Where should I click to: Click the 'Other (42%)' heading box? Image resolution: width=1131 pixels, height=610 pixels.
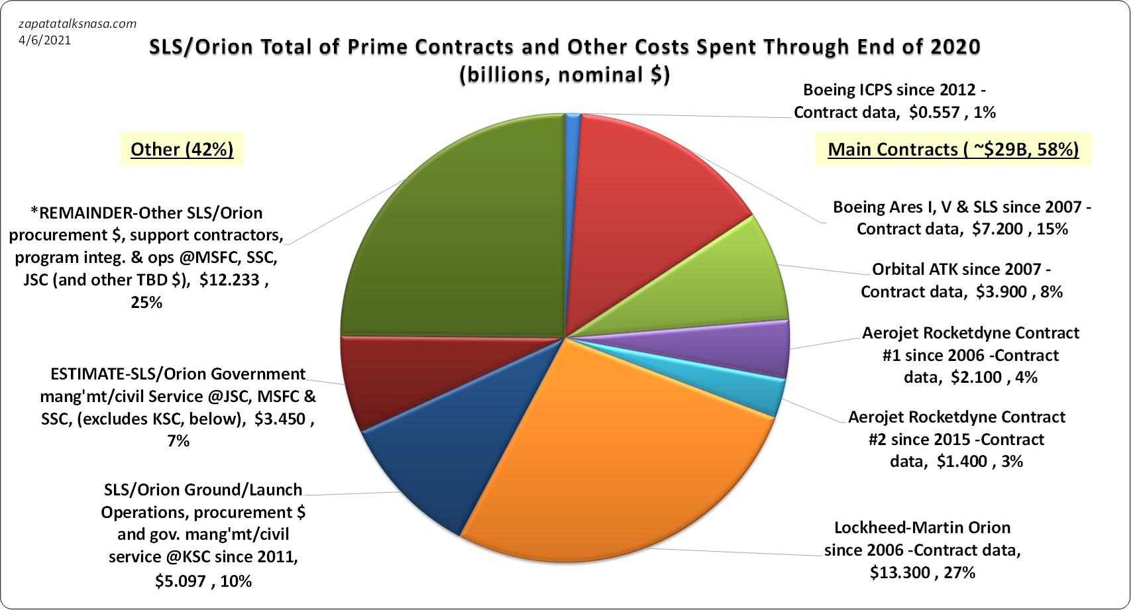pyautogui.click(x=182, y=150)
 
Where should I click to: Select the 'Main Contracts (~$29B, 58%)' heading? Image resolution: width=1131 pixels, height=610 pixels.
pyautogui.click(x=953, y=150)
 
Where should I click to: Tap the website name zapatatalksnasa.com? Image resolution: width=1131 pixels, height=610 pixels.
pyautogui.click(x=78, y=24)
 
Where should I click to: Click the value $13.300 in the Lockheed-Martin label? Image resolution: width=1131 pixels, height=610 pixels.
pyautogui.click(x=900, y=572)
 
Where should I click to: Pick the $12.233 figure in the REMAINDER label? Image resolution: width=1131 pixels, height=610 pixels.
pyautogui.click(x=227, y=280)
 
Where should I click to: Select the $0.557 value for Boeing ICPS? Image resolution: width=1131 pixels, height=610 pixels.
pyautogui.click(x=934, y=113)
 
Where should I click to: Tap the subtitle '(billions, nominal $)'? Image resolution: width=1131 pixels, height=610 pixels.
pyautogui.click(x=565, y=75)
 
